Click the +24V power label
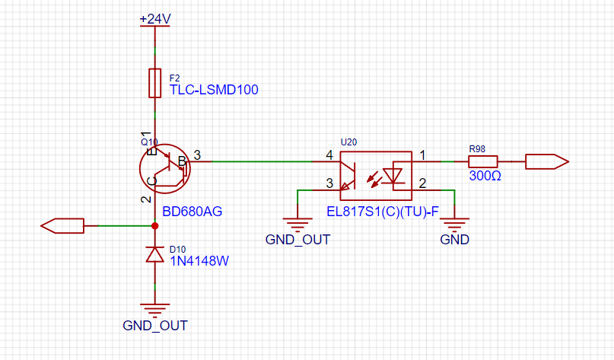(x=155, y=18)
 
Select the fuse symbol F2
(x=155, y=83)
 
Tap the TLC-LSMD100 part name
(x=214, y=90)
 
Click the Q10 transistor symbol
(x=165, y=168)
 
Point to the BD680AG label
(x=192, y=212)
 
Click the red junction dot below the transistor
(x=155, y=226)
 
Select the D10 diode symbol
(x=155, y=254)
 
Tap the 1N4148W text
(x=199, y=261)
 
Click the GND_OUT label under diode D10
(x=155, y=326)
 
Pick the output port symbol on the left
(x=62, y=226)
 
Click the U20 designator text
(x=349, y=142)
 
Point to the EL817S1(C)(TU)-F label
(x=383, y=212)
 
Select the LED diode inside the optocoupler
(x=393, y=176)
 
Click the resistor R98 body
(x=483, y=162)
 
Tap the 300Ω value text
(x=485, y=176)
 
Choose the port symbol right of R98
(x=547, y=162)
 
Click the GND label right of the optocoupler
(x=455, y=239)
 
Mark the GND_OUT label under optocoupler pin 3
(x=297, y=239)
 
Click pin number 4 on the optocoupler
(x=329, y=155)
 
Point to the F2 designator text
(x=175, y=78)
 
